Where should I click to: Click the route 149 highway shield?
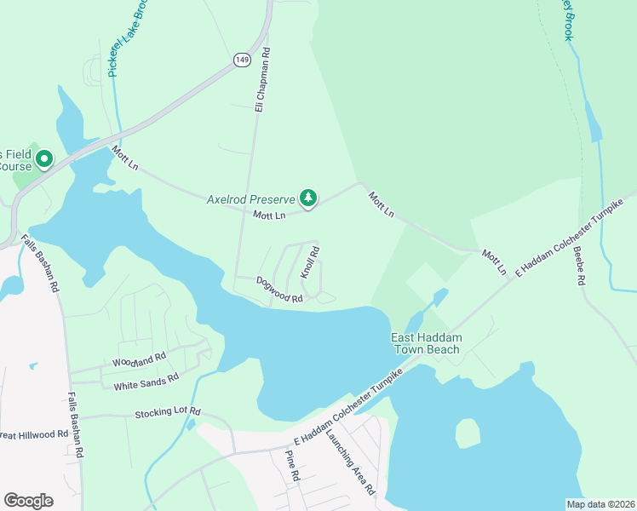[x=241, y=59]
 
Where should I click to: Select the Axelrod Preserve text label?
[x=250, y=199]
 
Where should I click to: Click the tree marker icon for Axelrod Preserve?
[x=308, y=198]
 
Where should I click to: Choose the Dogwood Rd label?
[x=279, y=293]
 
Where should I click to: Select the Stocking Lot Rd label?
[x=167, y=414]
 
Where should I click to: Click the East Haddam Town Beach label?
[x=426, y=344]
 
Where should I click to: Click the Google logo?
[x=28, y=500]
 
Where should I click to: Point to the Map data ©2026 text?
[x=600, y=504]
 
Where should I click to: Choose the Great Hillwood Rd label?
[x=34, y=434]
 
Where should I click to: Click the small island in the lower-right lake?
[x=468, y=433]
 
